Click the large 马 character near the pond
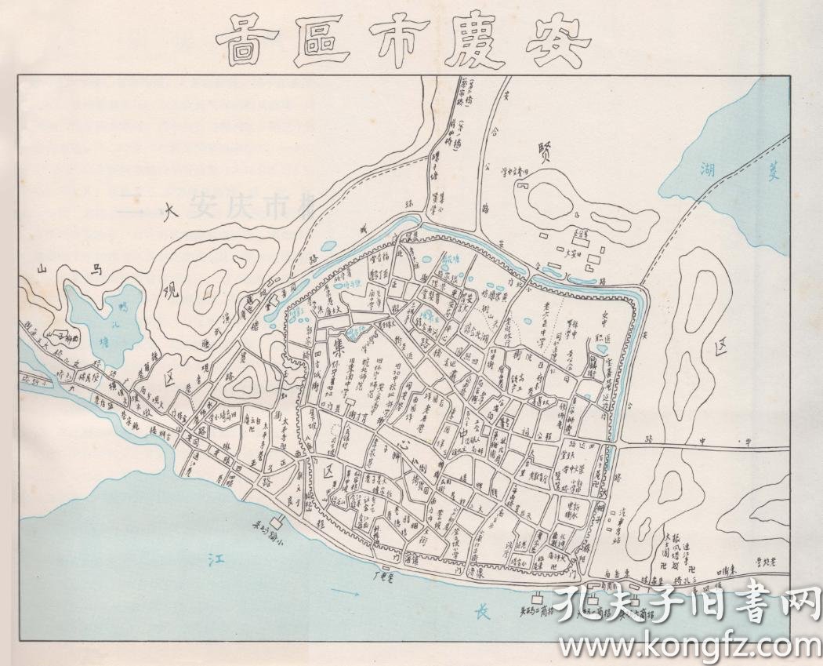coord(96,271)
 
